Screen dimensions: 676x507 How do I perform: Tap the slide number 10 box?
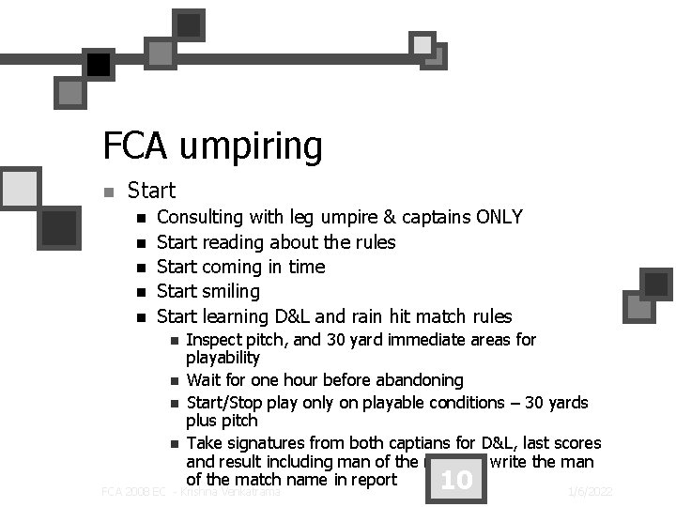[455, 481]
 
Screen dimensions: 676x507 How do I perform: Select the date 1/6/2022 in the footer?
[591, 491]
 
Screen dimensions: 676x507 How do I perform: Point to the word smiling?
[231, 292]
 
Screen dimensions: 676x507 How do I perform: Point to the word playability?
[223, 358]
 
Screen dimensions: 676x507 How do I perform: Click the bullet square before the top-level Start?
[109, 192]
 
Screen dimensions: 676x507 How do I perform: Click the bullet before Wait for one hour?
[174, 381]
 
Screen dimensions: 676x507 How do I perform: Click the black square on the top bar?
[98, 64]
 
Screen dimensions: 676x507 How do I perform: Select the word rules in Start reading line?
[374, 242]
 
